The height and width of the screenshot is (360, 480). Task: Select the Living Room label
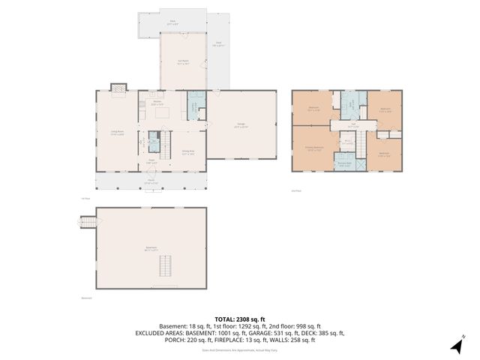click(117, 133)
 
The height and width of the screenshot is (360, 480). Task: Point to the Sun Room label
click(182, 62)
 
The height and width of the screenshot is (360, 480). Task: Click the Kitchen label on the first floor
click(158, 103)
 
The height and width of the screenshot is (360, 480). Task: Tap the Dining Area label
click(187, 152)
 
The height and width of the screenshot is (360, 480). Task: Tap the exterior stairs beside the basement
click(88, 221)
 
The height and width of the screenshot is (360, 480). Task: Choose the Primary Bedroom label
click(314, 148)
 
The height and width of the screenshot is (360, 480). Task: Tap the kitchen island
click(159, 112)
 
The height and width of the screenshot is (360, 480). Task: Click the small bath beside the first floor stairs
click(154, 140)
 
